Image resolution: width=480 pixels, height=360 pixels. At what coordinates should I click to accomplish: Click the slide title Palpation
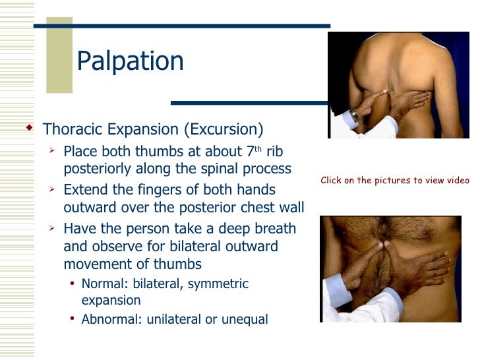coord(130,61)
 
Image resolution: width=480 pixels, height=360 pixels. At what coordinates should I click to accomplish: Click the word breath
coord(274,229)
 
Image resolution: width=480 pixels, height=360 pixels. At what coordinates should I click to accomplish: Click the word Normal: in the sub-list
coord(103,284)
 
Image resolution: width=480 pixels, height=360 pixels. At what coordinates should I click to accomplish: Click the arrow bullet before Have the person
coord(53,228)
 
